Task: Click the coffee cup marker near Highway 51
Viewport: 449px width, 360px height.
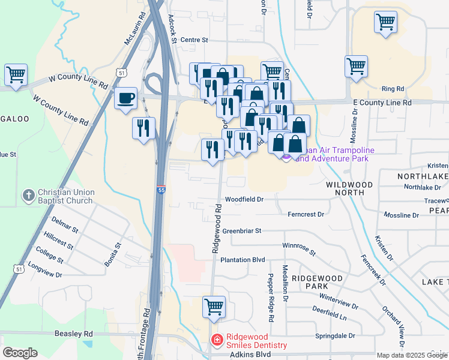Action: click(125, 98)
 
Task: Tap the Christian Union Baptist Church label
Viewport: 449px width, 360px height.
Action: click(65, 196)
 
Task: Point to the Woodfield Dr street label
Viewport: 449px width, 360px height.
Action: click(244, 199)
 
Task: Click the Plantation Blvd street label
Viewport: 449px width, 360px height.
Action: click(243, 260)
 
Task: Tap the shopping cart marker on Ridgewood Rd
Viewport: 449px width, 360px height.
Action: click(214, 307)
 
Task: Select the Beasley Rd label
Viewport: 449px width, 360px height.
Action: click(71, 334)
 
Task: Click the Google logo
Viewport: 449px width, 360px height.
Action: click(20, 353)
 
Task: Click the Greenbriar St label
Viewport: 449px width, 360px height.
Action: click(242, 230)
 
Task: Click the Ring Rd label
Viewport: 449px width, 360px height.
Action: click(393, 89)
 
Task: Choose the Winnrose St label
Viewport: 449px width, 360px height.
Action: click(298, 248)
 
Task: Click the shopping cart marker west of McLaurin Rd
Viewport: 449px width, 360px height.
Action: click(16, 76)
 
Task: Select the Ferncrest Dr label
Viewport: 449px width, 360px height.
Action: click(306, 214)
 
